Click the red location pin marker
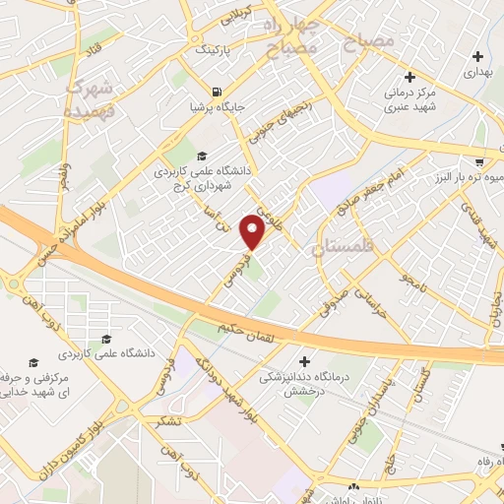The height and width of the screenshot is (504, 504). click(254, 232)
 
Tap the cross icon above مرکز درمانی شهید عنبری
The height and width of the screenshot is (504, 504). click(411, 77)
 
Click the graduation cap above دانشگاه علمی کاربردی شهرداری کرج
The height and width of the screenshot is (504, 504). click(202, 155)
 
